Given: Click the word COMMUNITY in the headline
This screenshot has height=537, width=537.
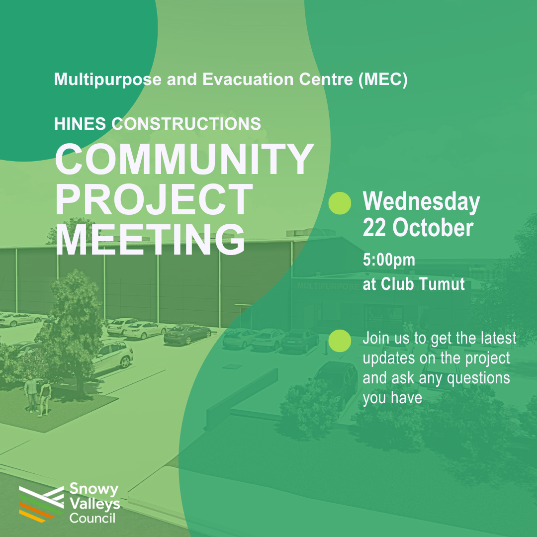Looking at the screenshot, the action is pyautogui.click(x=184, y=159).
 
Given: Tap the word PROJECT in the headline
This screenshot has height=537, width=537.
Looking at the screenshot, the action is pyautogui.click(x=154, y=199).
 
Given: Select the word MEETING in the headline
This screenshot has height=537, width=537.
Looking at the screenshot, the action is pyautogui.click(x=150, y=239).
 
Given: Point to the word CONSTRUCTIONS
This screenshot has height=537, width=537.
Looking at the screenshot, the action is pyautogui.click(x=186, y=124).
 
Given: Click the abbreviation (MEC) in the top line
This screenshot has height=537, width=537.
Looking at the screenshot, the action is pyautogui.click(x=383, y=80).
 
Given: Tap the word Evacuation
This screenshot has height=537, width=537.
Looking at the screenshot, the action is pyautogui.click(x=248, y=80).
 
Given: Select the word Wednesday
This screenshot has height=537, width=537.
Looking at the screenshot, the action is pyautogui.click(x=421, y=202).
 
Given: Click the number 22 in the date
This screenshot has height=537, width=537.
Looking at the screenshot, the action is pyautogui.click(x=374, y=228).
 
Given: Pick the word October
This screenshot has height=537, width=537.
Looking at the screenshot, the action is pyautogui.click(x=433, y=228).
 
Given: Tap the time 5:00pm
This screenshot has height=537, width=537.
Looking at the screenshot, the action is pyautogui.click(x=389, y=260).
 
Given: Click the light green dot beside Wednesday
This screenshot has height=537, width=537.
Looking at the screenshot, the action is pyautogui.click(x=340, y=203).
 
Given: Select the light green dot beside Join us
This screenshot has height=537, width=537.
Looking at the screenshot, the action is pyautogui.click(x=340, y=341).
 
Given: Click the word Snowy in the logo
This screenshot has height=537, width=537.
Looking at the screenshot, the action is pyautogui.click(x=94, y=489).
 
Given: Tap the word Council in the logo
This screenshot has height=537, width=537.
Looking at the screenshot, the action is pyautogui.click(x=92, y=518).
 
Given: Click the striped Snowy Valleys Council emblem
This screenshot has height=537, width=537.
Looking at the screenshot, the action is pyautogui.click(x=41, y=504).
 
